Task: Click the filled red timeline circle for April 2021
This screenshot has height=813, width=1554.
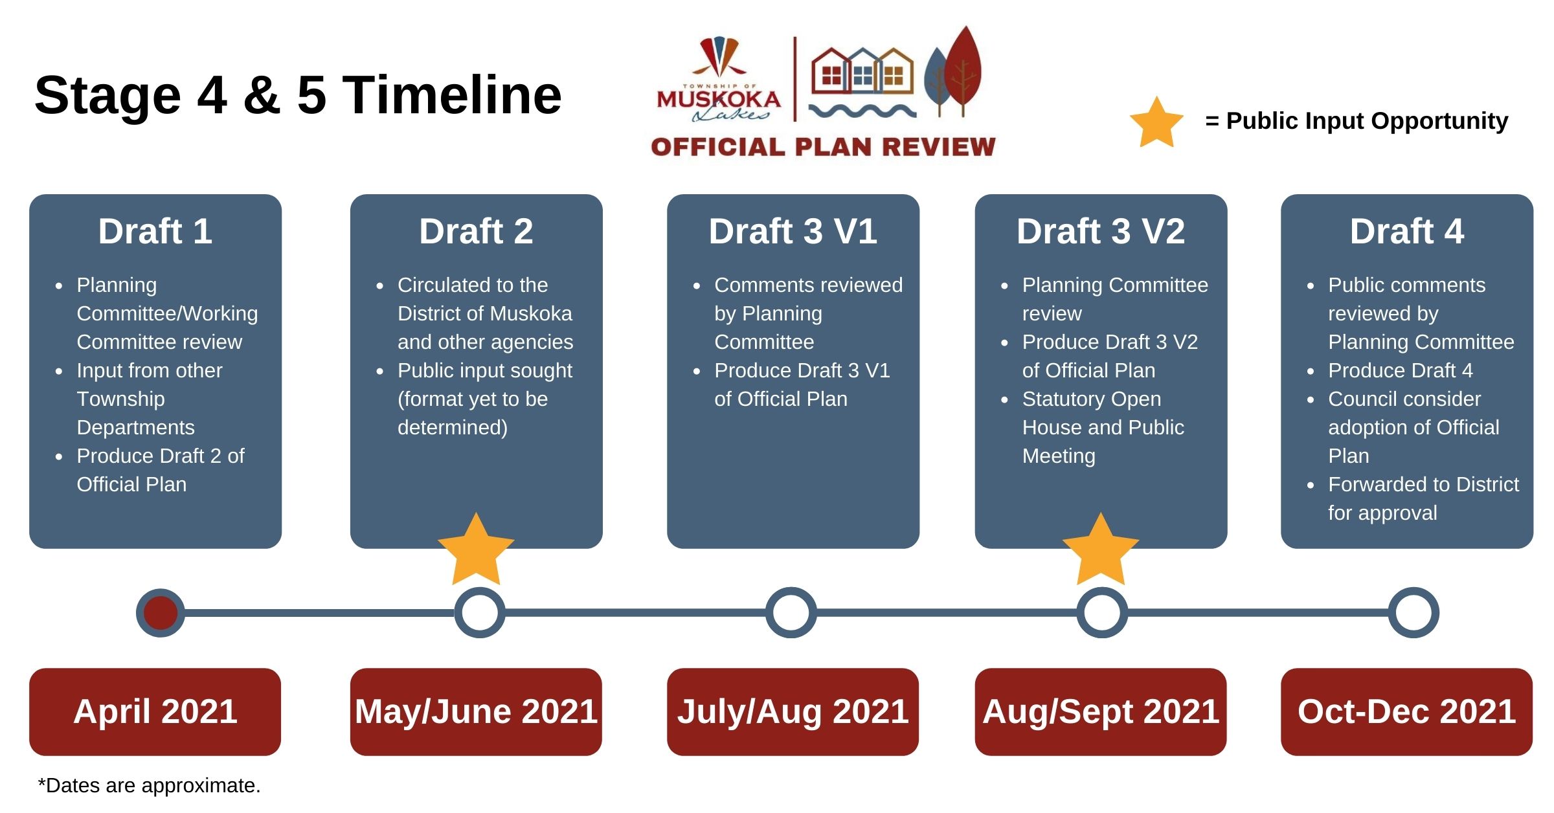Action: [161, 612]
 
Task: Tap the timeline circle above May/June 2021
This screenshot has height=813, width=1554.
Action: [480, 612]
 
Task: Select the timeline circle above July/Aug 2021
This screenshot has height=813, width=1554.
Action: [791, 612]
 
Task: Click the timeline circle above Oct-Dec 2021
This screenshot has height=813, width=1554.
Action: [1413, 612]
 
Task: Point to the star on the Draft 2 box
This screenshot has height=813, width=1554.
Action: [477, 550]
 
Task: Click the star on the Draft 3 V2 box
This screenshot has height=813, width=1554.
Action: [1101, 550]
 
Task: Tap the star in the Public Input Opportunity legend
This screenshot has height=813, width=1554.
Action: [1156, 123]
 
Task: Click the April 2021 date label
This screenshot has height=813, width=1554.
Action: [155, 711]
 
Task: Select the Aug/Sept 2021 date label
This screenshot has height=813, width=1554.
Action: [1101, 711]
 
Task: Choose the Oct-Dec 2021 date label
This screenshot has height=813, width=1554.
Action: [1406, 711]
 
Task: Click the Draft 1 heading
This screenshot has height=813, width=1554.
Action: [155, 231]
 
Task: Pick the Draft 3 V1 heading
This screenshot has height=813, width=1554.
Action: [793, 231]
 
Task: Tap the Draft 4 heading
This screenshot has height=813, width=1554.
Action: [1406, 231]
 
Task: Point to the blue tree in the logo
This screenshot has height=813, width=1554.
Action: [936, 81]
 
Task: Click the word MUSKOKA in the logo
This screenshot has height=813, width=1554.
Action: [719, 100]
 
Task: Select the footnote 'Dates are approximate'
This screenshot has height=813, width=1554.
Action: [150, 785]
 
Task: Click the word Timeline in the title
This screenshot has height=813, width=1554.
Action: [451, 95]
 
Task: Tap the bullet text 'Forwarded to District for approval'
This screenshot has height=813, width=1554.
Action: [1423, 498]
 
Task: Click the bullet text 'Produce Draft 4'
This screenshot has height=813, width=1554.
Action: [1400, 370]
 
